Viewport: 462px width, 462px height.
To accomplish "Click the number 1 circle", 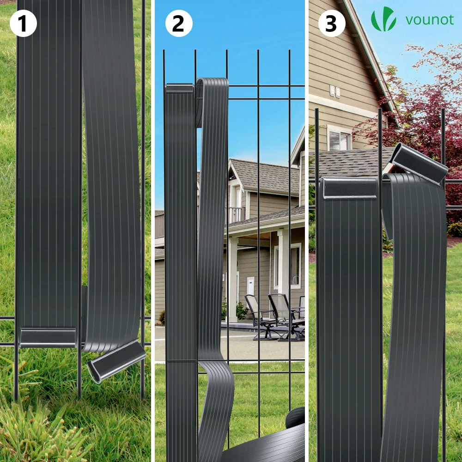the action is tap(23, 23).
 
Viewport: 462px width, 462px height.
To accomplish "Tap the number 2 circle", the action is tap(179, 23).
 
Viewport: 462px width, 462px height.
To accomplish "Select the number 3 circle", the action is tap(332, 23).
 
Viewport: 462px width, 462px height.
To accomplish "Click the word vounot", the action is tap(429, 20).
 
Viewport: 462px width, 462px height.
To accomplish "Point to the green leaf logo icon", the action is tap(383, 19).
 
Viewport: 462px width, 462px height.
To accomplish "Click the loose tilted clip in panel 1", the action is tap(117, 360).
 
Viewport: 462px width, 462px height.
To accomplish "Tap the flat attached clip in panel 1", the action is tap(48, 337).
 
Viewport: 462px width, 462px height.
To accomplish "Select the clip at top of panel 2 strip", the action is tap(179, 88).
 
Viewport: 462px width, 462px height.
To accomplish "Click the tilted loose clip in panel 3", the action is tap(419, 164).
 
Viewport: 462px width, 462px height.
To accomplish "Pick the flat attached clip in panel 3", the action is tap(349, 188).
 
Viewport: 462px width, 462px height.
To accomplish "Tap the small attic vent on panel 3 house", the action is tap(334, 91).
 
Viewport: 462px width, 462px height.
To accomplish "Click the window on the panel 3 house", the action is tap(340, 138).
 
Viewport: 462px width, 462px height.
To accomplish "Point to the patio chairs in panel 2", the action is tap(274, 317).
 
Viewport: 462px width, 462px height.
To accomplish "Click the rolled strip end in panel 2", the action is tap(295, 418).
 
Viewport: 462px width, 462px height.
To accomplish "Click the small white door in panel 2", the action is tap(250, 286).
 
